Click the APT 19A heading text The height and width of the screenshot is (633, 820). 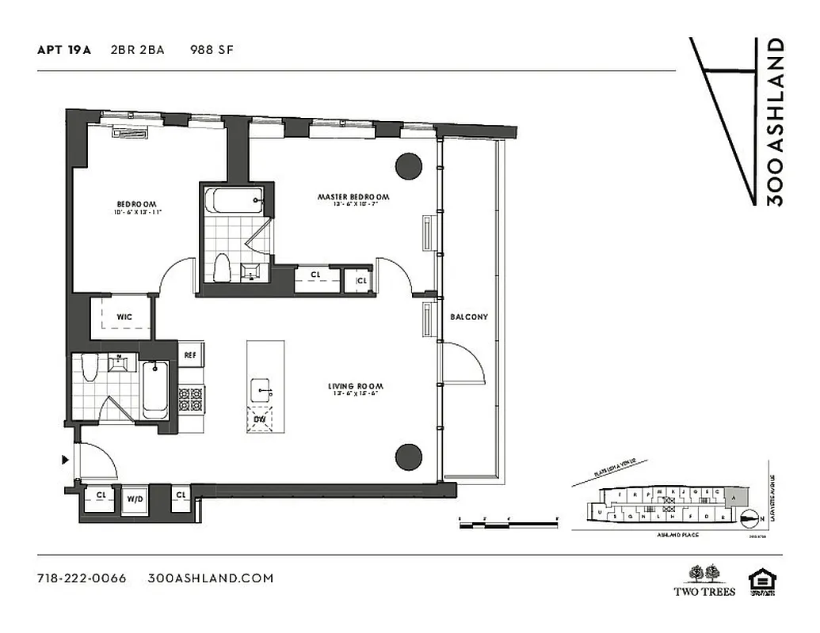pos(64,50)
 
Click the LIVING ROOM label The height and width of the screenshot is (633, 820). pos(352,387)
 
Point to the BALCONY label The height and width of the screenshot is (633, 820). pos(469,317)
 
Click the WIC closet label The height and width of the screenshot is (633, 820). pos(124,316)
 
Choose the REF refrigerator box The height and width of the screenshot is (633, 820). pos(190,355)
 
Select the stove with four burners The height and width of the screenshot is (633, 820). pos(190,399)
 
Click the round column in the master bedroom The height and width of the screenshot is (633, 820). pos(409,166)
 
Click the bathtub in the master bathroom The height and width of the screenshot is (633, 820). pos(234,200)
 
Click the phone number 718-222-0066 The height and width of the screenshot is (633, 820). pos(82,578)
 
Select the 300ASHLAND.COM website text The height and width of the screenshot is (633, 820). pos(211,578)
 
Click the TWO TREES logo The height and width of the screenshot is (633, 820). pos(704,580)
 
